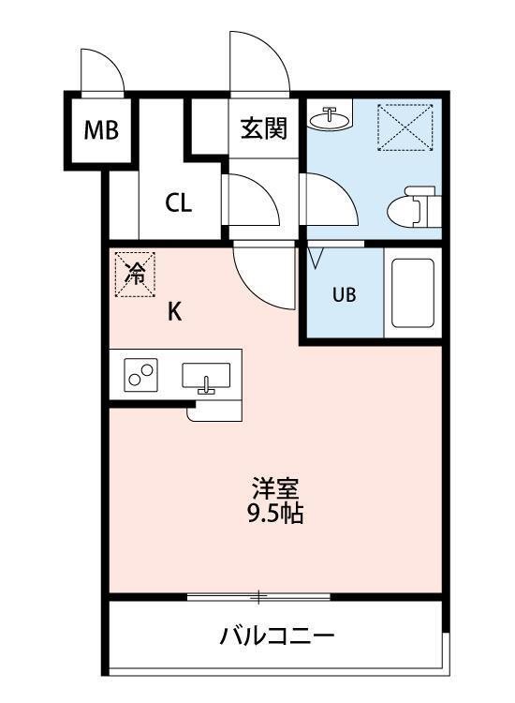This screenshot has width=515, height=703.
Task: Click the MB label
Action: (101, 130)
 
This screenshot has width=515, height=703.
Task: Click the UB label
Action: (345, 293)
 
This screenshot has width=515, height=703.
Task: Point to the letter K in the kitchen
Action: (174, 313)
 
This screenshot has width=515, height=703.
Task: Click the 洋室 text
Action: (275, 488)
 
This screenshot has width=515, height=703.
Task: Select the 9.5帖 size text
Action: (275, 514)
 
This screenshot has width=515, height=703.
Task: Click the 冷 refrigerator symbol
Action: (136, 274)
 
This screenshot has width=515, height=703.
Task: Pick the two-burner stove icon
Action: (141, 377)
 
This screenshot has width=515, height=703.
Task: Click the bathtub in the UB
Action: (410, 292)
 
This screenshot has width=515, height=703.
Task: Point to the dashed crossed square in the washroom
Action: (405, 127)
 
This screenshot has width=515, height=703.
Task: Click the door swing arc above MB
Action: (99, 69)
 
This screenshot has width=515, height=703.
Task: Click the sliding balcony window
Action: (258, 596)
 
